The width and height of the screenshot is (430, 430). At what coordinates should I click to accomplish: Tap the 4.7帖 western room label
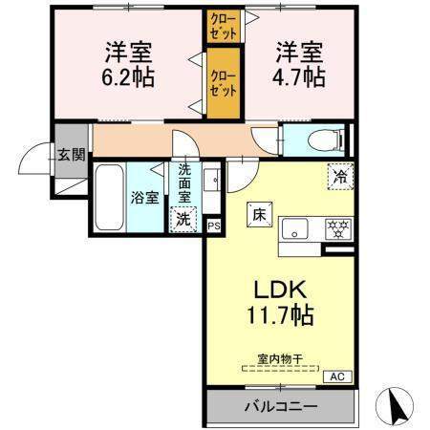click(x=300, y=62)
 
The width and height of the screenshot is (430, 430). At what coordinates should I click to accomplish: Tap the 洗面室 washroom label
click(x=184, y=182)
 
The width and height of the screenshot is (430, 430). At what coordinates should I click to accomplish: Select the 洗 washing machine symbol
click(x=183, y=219)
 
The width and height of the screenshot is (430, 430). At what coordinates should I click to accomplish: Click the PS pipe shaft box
click(x=213, y=226)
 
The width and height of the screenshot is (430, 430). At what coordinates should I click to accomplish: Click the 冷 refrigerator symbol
click(x=338, y=175)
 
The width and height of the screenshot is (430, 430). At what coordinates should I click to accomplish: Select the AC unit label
click(x=337, y=376)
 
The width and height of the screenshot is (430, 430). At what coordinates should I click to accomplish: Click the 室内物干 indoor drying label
click(x=279, y=359)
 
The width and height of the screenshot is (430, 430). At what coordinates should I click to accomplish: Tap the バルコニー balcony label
click(x=278, y=406)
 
